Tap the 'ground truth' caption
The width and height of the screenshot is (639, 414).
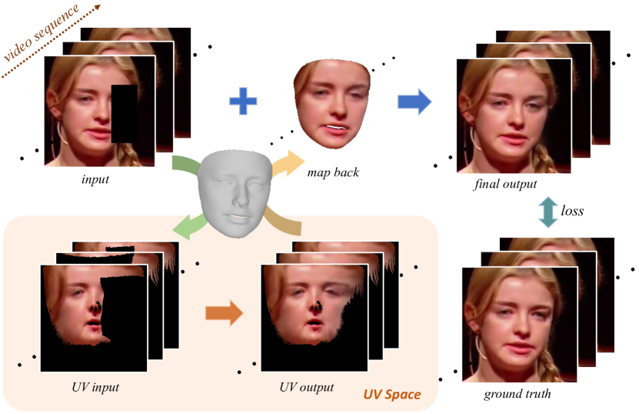[517, 395]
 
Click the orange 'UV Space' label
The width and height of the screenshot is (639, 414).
[392, 395]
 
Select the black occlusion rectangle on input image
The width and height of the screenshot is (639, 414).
[125, 114]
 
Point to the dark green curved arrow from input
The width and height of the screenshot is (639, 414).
[183, 165]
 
